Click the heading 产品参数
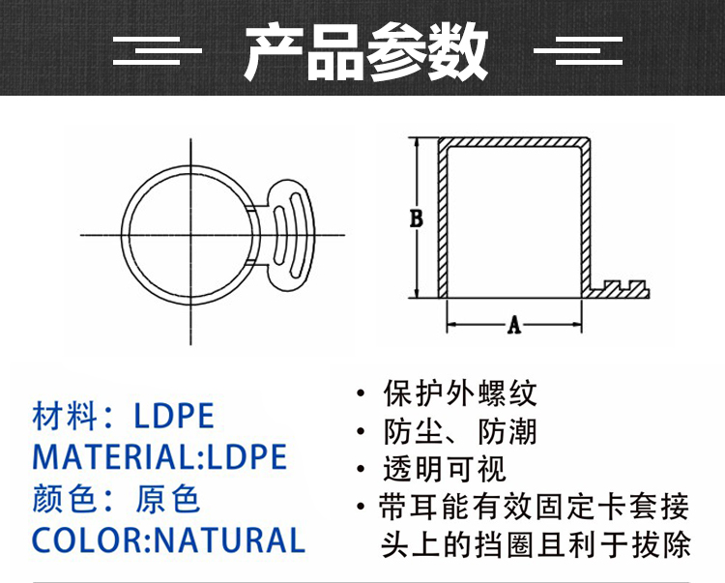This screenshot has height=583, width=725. point(365,52)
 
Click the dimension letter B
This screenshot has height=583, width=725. point(416,219)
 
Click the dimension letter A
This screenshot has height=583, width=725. point(514,325)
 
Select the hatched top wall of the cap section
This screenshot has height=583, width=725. point(514,142)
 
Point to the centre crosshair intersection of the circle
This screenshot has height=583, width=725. point(191,235)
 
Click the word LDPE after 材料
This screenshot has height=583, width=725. point(174,416)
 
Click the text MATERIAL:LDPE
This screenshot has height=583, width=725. point(159,456)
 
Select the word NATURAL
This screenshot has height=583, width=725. point(229,540)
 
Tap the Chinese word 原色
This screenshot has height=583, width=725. point(168,499)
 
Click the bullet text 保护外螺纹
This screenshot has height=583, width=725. point(460,394)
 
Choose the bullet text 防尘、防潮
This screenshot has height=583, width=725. point(460,432)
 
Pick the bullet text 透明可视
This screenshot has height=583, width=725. point(445,469)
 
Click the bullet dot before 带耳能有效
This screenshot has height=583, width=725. point(362,507)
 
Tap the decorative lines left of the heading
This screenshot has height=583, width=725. point(158,50)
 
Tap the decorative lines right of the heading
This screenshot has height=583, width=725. point(578,50)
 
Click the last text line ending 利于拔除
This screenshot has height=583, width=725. point(536,544)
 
